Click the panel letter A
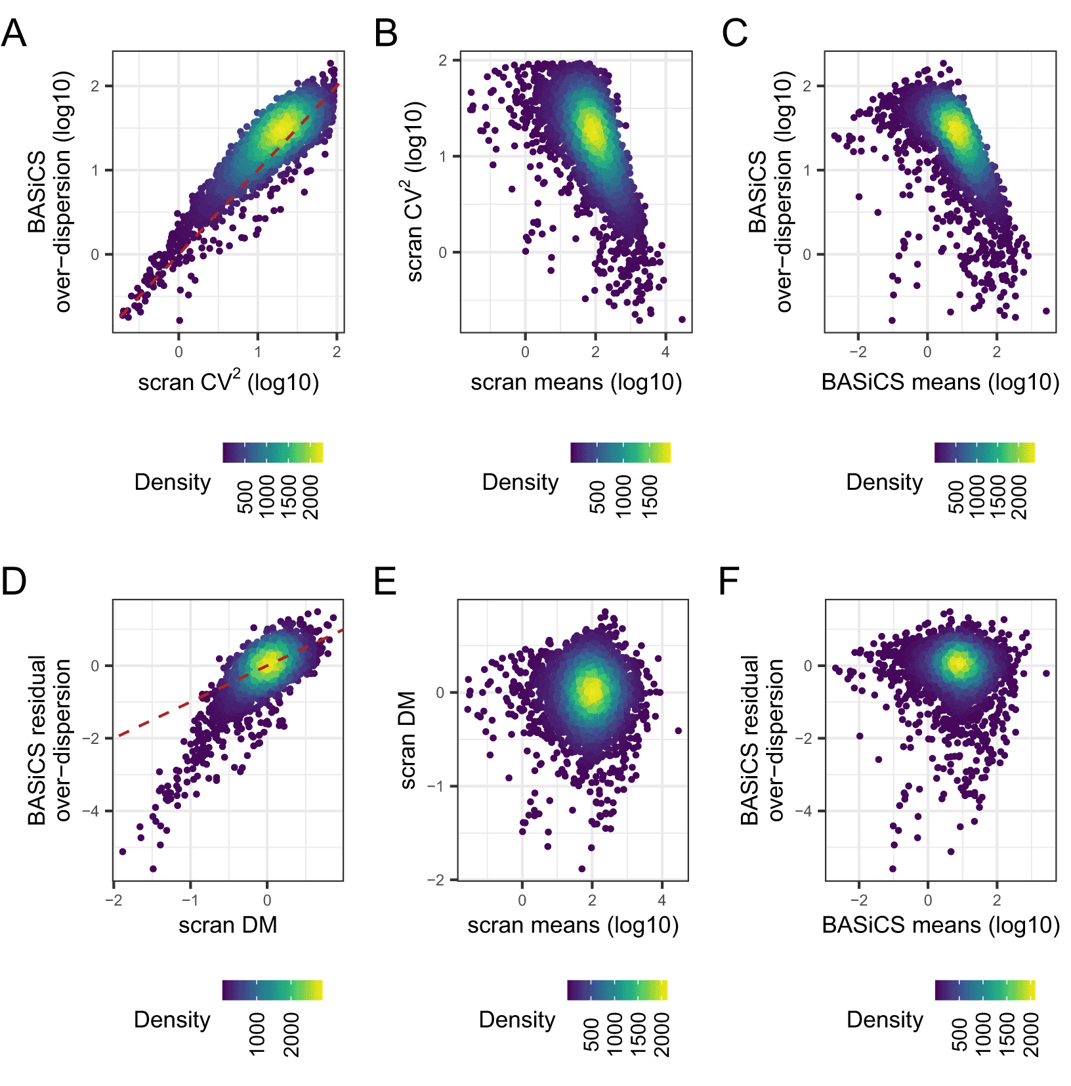(x=14, y=33)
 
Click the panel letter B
(x=386, y=33)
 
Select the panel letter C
(x=734, y=33)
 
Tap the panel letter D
(x=14, y=581)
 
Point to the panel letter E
(x=385, y=581)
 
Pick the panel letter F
(x=729, y=581)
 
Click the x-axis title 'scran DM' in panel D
(x=228, y=924)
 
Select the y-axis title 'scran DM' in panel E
(x=408, y=740)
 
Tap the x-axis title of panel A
(x=228, y=381)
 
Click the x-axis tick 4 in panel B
(x=665, y=352)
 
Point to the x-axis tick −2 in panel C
(x=858, y=352)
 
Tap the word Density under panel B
(x=520, y=482)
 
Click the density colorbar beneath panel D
(x=272, y=990)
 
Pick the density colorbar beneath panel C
(x=984, y=452)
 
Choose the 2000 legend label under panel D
(x=291, y=1034)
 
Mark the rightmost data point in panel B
(x=682, y=320)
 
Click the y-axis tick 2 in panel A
(x=96, y=86)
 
